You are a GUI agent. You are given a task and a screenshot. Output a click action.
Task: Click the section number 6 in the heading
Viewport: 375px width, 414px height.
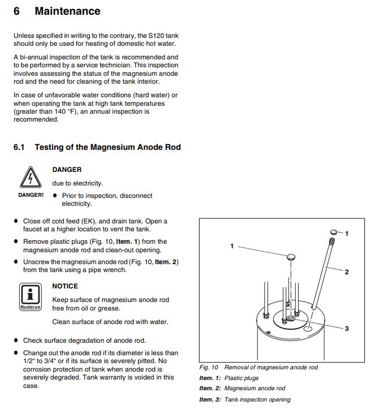click(x=17, y=11)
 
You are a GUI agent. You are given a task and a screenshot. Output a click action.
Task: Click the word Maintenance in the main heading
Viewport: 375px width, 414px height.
click(x=67, y=11)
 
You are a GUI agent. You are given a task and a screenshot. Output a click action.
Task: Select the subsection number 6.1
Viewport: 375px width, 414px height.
click(x=19, y=147)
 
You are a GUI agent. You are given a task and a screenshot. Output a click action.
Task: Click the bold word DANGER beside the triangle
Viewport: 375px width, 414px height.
click(x=67, y=170)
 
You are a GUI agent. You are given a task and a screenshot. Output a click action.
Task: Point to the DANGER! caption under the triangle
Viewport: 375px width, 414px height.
click(x=31, y=195)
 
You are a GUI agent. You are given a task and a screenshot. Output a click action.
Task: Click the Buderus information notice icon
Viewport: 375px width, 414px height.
click(x=31, y=297)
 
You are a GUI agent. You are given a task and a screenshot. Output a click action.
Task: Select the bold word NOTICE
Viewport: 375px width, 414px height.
click(x=65, y=286)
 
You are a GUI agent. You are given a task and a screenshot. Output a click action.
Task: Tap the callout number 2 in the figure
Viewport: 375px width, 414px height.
click(x=347, y=272)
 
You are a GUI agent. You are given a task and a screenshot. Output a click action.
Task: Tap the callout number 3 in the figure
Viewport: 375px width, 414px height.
click(x=347, y=329)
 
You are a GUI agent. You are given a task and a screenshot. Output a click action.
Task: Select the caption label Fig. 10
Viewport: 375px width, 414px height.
click(x=209, y=367)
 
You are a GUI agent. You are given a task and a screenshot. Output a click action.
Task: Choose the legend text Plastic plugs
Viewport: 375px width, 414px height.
click(x=242, y=378)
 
